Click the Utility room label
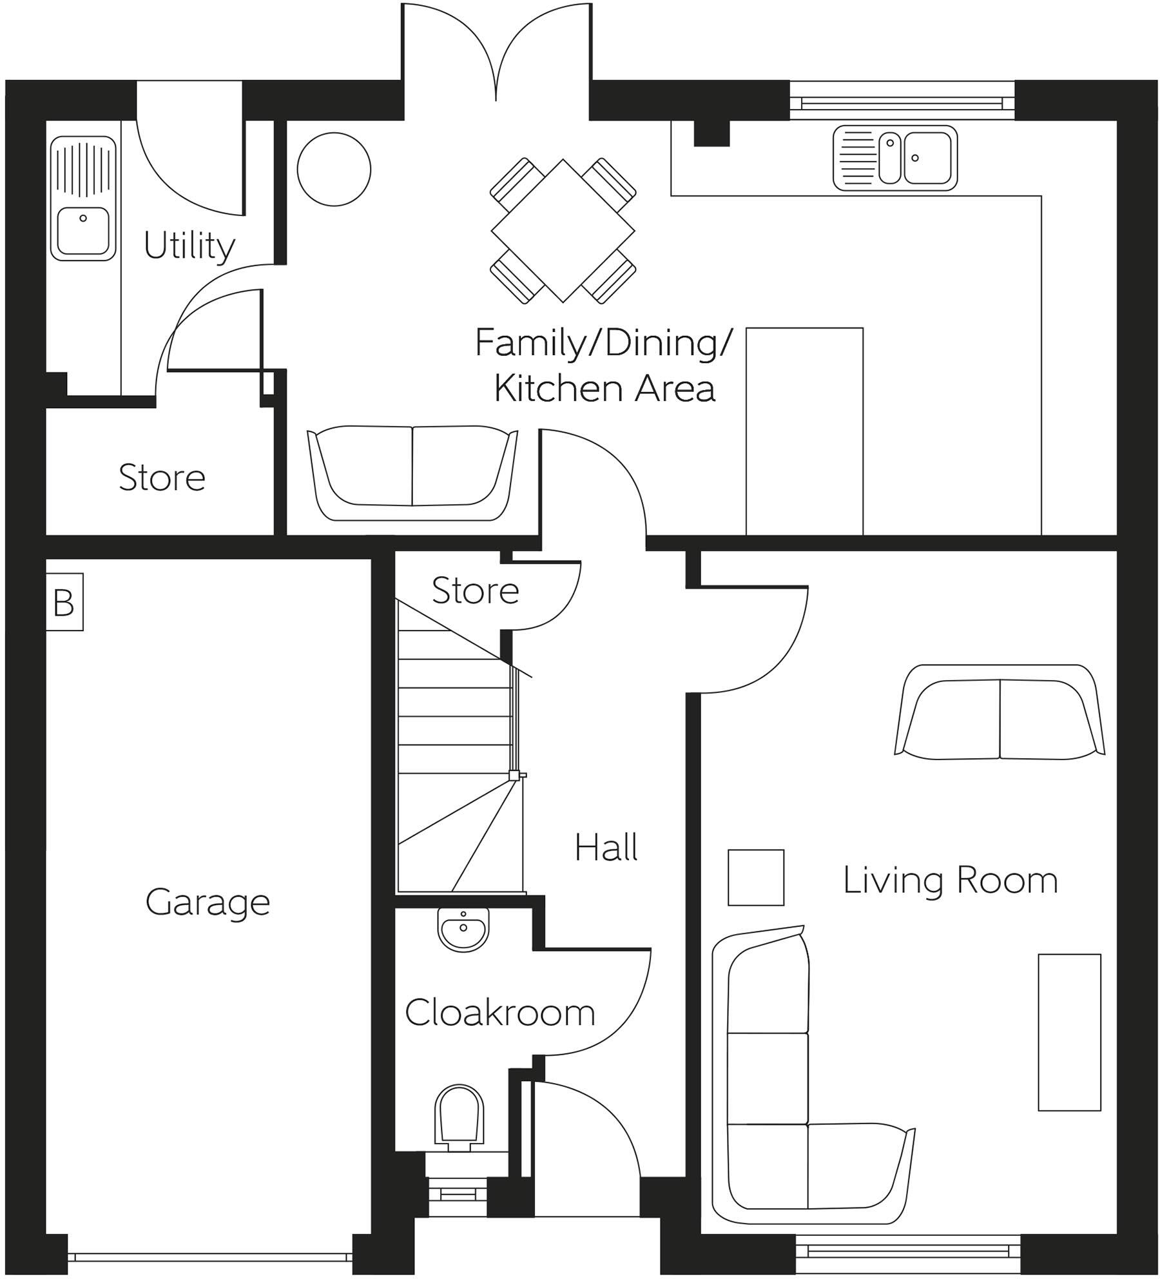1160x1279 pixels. click(189, 246)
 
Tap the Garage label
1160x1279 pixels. click(208, 903)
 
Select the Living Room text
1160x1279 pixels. click(951, 880)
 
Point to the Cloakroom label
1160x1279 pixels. click(500, 1012)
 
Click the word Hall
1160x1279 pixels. click(606, 847)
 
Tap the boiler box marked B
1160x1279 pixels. click(64, 602)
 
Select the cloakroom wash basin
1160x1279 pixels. click(463, 930)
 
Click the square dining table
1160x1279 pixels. click(563, 231)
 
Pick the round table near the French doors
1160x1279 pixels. click(334, 170)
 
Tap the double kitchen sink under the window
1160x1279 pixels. click(895, 159)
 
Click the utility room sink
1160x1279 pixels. click(83, 198)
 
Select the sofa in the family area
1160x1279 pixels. click(412, 473)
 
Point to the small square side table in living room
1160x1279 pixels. click(756, 877)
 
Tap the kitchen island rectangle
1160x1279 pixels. click(804, 431)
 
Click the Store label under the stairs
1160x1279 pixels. click(476, 591)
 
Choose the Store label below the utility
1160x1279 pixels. click(162, 478)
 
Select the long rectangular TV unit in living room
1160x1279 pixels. click(1069, 1032)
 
